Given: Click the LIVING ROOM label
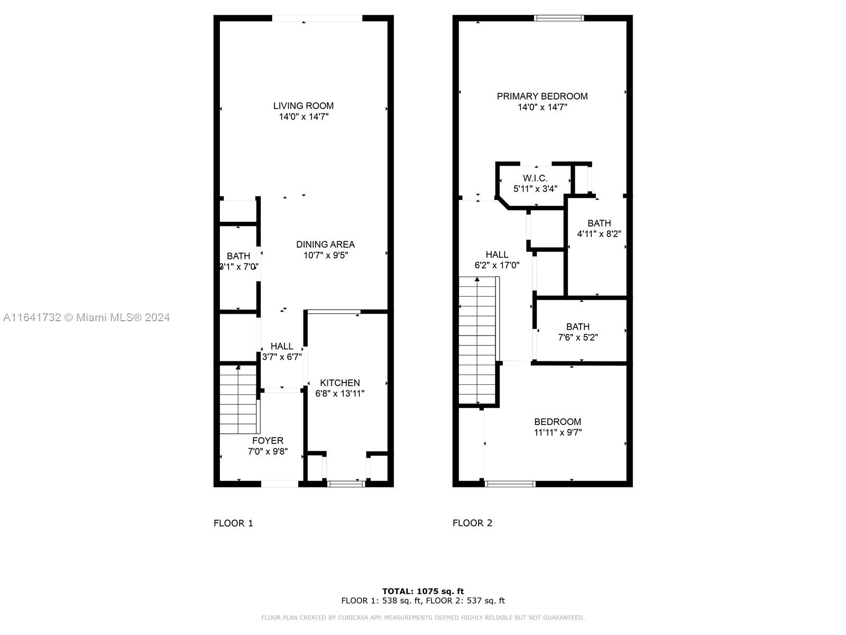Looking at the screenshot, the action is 304,106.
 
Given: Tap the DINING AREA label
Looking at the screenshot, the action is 325,244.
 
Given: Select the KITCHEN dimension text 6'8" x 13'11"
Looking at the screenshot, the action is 339,394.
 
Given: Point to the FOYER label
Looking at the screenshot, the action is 268,441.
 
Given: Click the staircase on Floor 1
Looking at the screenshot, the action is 238,400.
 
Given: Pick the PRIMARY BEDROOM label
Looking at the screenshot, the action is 542,96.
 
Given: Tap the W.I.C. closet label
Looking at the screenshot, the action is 535,178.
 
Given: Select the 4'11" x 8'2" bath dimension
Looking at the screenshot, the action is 599,234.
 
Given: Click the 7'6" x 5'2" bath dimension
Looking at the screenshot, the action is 578,338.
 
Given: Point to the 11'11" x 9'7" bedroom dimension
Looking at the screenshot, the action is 558,432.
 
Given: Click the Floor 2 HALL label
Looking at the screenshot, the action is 497,255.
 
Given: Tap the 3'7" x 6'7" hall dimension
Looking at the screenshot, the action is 282,357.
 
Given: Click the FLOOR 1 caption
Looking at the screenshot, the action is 233,523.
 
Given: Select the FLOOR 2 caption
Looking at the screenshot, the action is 472,523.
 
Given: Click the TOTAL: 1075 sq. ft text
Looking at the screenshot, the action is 423,592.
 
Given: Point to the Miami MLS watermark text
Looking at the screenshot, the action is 86,317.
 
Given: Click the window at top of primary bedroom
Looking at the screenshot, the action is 559,18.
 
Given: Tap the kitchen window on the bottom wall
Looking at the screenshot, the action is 346,484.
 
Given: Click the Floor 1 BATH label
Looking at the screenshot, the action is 238,257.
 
